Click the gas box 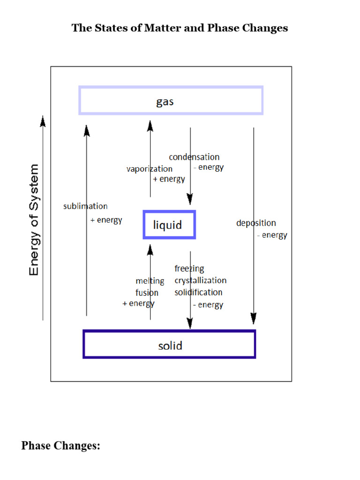pyautogui.click(x=171, y=100)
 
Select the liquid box pyautogui.click(x=169, y=225)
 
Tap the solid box pyautogui.click(x=169, y=345)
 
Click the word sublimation pyautogui.click(x=85, y=206)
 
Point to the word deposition pyautogui.click(x=256, y=223)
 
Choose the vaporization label pyautogui.click(x=149, y=169)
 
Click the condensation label pyautogui.click(x=194, y=157)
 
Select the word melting pyautogui.click(x=150, y=281)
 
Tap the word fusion pyautogui.click(x=147, y=293)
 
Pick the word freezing pyautogui.click(x=189, y=269)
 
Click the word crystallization pyautogui.click(x=200, y=280)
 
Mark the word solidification pyautogui.click(x=198, y=292)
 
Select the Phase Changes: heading pyautogui.click(x=61, y=445)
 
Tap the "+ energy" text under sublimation pyautogui.click(x=106, y=220)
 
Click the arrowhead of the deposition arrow pyautogui.click(x=254, y=319)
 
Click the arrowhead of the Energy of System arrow pyautogui.click(x=43, y=121)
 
